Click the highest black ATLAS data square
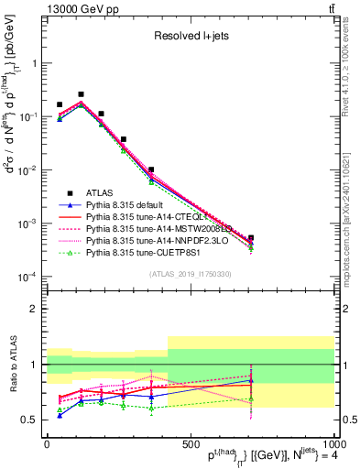[x=81, y=94]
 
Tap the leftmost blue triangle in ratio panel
[x=60, y=415]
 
